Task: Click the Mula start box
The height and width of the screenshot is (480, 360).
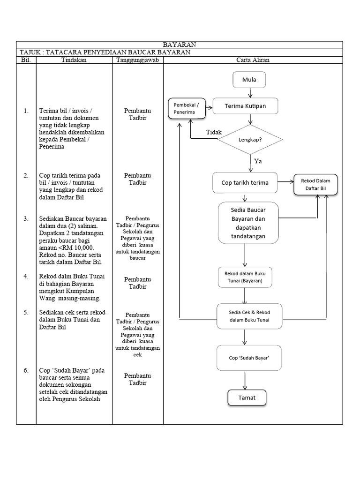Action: coord(249,80)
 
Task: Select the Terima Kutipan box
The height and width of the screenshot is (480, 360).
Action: coord(245,106)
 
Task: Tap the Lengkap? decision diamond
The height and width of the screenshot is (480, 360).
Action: coord(250,140)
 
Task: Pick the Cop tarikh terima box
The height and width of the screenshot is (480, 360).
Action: coord(245,183)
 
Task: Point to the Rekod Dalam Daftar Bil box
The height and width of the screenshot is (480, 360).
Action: coord(315,185)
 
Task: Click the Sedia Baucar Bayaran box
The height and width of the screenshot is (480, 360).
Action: coord(248,223)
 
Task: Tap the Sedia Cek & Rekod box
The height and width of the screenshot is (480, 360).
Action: coord(249,316)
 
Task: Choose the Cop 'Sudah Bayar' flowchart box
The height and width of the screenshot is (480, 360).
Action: coord(248,358)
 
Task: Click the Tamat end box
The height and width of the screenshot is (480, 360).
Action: coord(247,397)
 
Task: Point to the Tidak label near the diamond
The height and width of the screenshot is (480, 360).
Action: coord(214,133)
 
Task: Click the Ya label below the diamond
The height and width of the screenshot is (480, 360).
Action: coord(257,161)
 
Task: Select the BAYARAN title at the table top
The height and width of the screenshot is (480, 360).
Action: coord(180,45)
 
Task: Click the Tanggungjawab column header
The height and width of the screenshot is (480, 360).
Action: coord(137,60)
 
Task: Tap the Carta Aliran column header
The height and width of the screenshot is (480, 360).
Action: coord(253,60)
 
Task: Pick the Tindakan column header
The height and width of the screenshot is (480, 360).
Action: coord(74,60)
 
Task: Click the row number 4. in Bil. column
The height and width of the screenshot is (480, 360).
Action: coord(26,276)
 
